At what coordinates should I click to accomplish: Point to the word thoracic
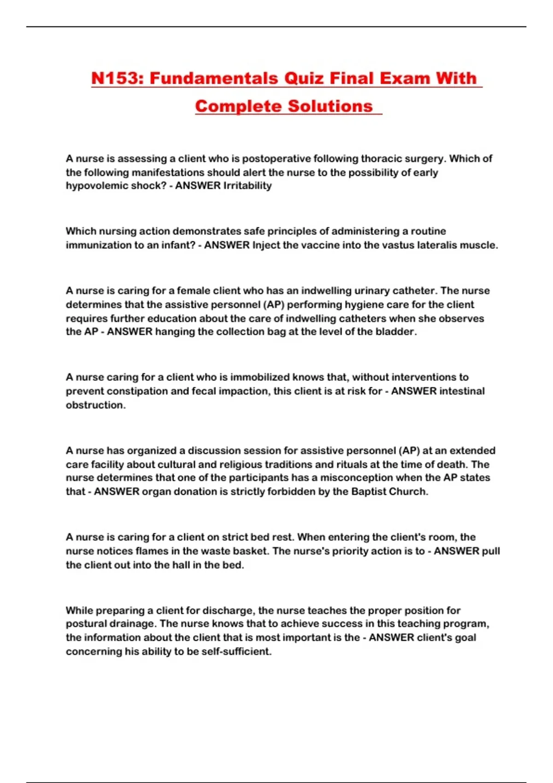click(378, 159)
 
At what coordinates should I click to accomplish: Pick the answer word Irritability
click(247, 186)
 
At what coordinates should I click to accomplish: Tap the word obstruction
click(95, 405)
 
